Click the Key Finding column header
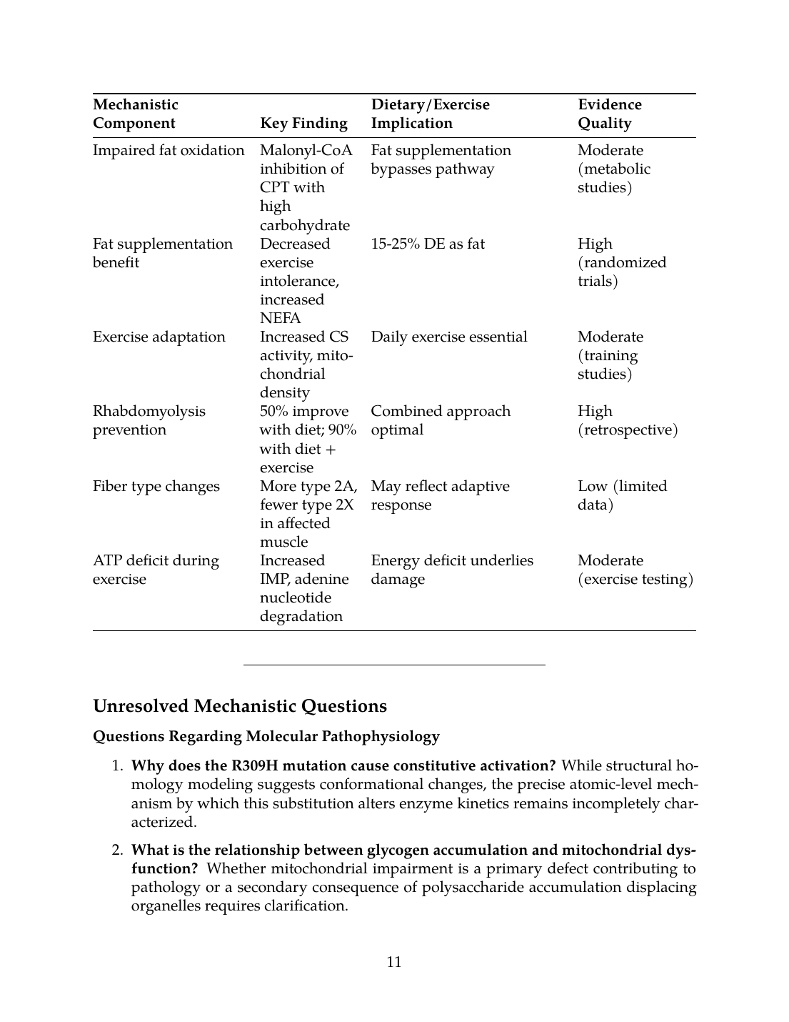tap(303, 123)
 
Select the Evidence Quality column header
tap(609, 114)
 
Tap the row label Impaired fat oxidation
tap(169, 150)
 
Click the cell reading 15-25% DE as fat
tap(428, 244)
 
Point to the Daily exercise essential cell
tap(449, 337)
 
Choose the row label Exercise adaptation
tap(159, 337)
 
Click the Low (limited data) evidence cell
tap(622, 495)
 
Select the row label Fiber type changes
tap(156, 486)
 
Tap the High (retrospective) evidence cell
tap(627, 420)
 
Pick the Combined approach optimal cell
tap(441, 420)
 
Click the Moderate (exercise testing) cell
tap(635, 570)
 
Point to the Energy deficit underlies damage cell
tap(452, 570)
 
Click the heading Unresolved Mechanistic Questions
tap(240, 706)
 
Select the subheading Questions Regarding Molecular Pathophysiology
tap(266, 736)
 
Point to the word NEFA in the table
tap(280, 318)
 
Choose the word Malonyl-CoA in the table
tap(306, 150)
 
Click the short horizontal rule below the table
tap(394, 665)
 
